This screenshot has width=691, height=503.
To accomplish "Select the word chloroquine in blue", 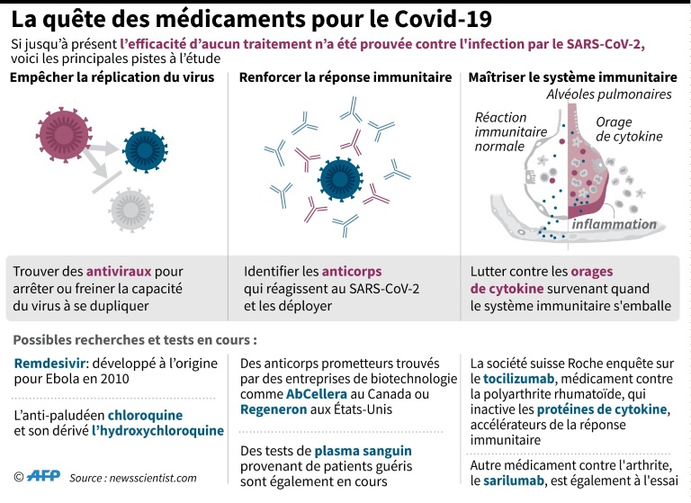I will pyautogui.click(x=144, y=415).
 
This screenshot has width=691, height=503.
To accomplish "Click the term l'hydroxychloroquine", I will pyautogui.click(x=158, y=431).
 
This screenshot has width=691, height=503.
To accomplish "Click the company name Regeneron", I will pyautogui.click(x=276, y=409).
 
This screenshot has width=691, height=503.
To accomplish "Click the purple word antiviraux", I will pyautogui.click(x=120, y=270).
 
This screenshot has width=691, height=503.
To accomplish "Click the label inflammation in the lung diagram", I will pyautogui.click(x=615, y=223).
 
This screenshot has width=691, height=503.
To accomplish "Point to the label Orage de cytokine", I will pyautogui.click(x=629, y=129).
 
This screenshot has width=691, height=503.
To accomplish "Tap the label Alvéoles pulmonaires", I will pyautogui.click(x=609, y=94).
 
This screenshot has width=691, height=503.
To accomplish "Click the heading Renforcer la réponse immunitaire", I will pyautogui.click(x=345, y=77).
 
